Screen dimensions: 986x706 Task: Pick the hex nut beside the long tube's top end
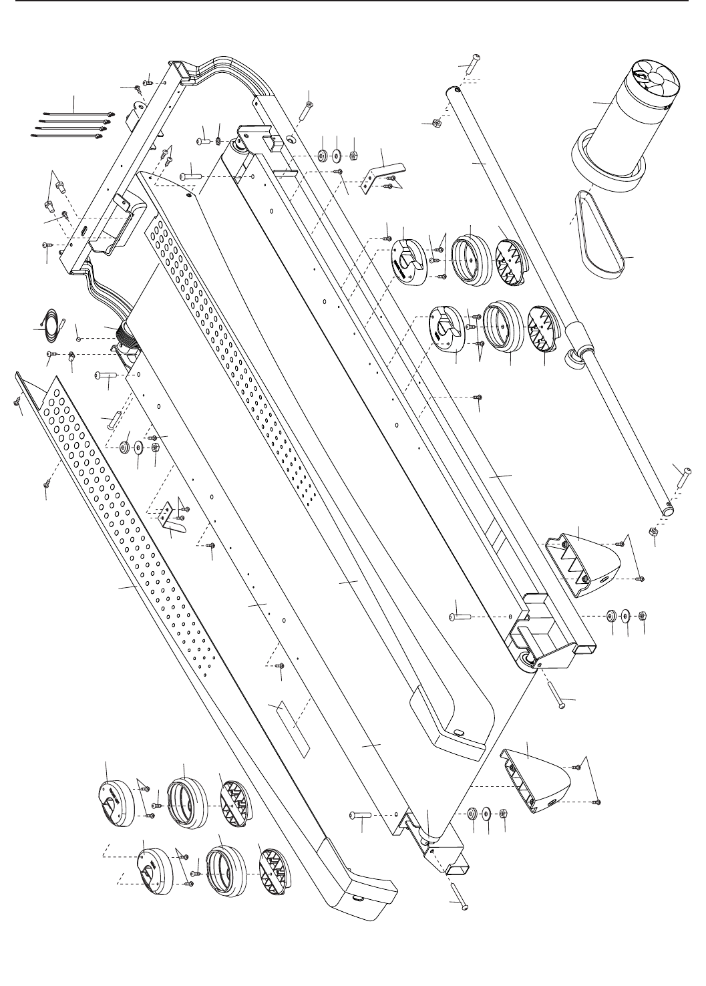[434, 123]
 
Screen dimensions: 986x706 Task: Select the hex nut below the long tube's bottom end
[653, 532]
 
